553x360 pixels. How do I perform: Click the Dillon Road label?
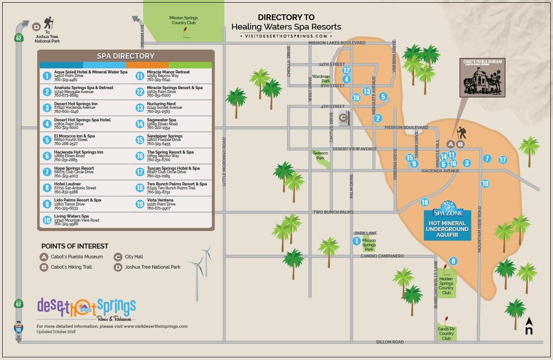click(x=390, y=342)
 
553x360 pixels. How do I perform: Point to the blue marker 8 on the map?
click(x=453, y=261)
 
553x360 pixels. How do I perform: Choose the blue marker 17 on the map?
click(x=502, y=160)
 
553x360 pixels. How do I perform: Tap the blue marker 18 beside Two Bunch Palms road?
click(x=424, y=202)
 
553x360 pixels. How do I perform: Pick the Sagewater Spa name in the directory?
click(x=162, y=120)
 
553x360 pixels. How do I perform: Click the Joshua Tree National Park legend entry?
click(x=152, y=267)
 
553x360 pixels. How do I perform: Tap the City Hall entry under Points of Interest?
click(x=134, y=257)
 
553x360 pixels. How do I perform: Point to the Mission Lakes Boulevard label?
click(x=337, y=43)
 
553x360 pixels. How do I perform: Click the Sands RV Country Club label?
click(x=446, y=334)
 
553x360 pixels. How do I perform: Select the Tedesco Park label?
click(x=320, y=155)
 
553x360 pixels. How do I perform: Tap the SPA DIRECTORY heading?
click(x=125, y=56)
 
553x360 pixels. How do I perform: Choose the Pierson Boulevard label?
click(x=406, y=128)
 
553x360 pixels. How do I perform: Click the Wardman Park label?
click(x=321, y=79)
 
